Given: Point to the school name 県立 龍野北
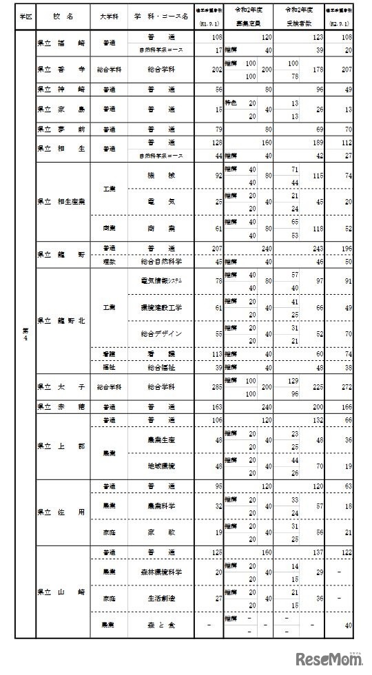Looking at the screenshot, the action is tap(63, 320).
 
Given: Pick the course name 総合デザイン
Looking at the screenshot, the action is tap(160, 333).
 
